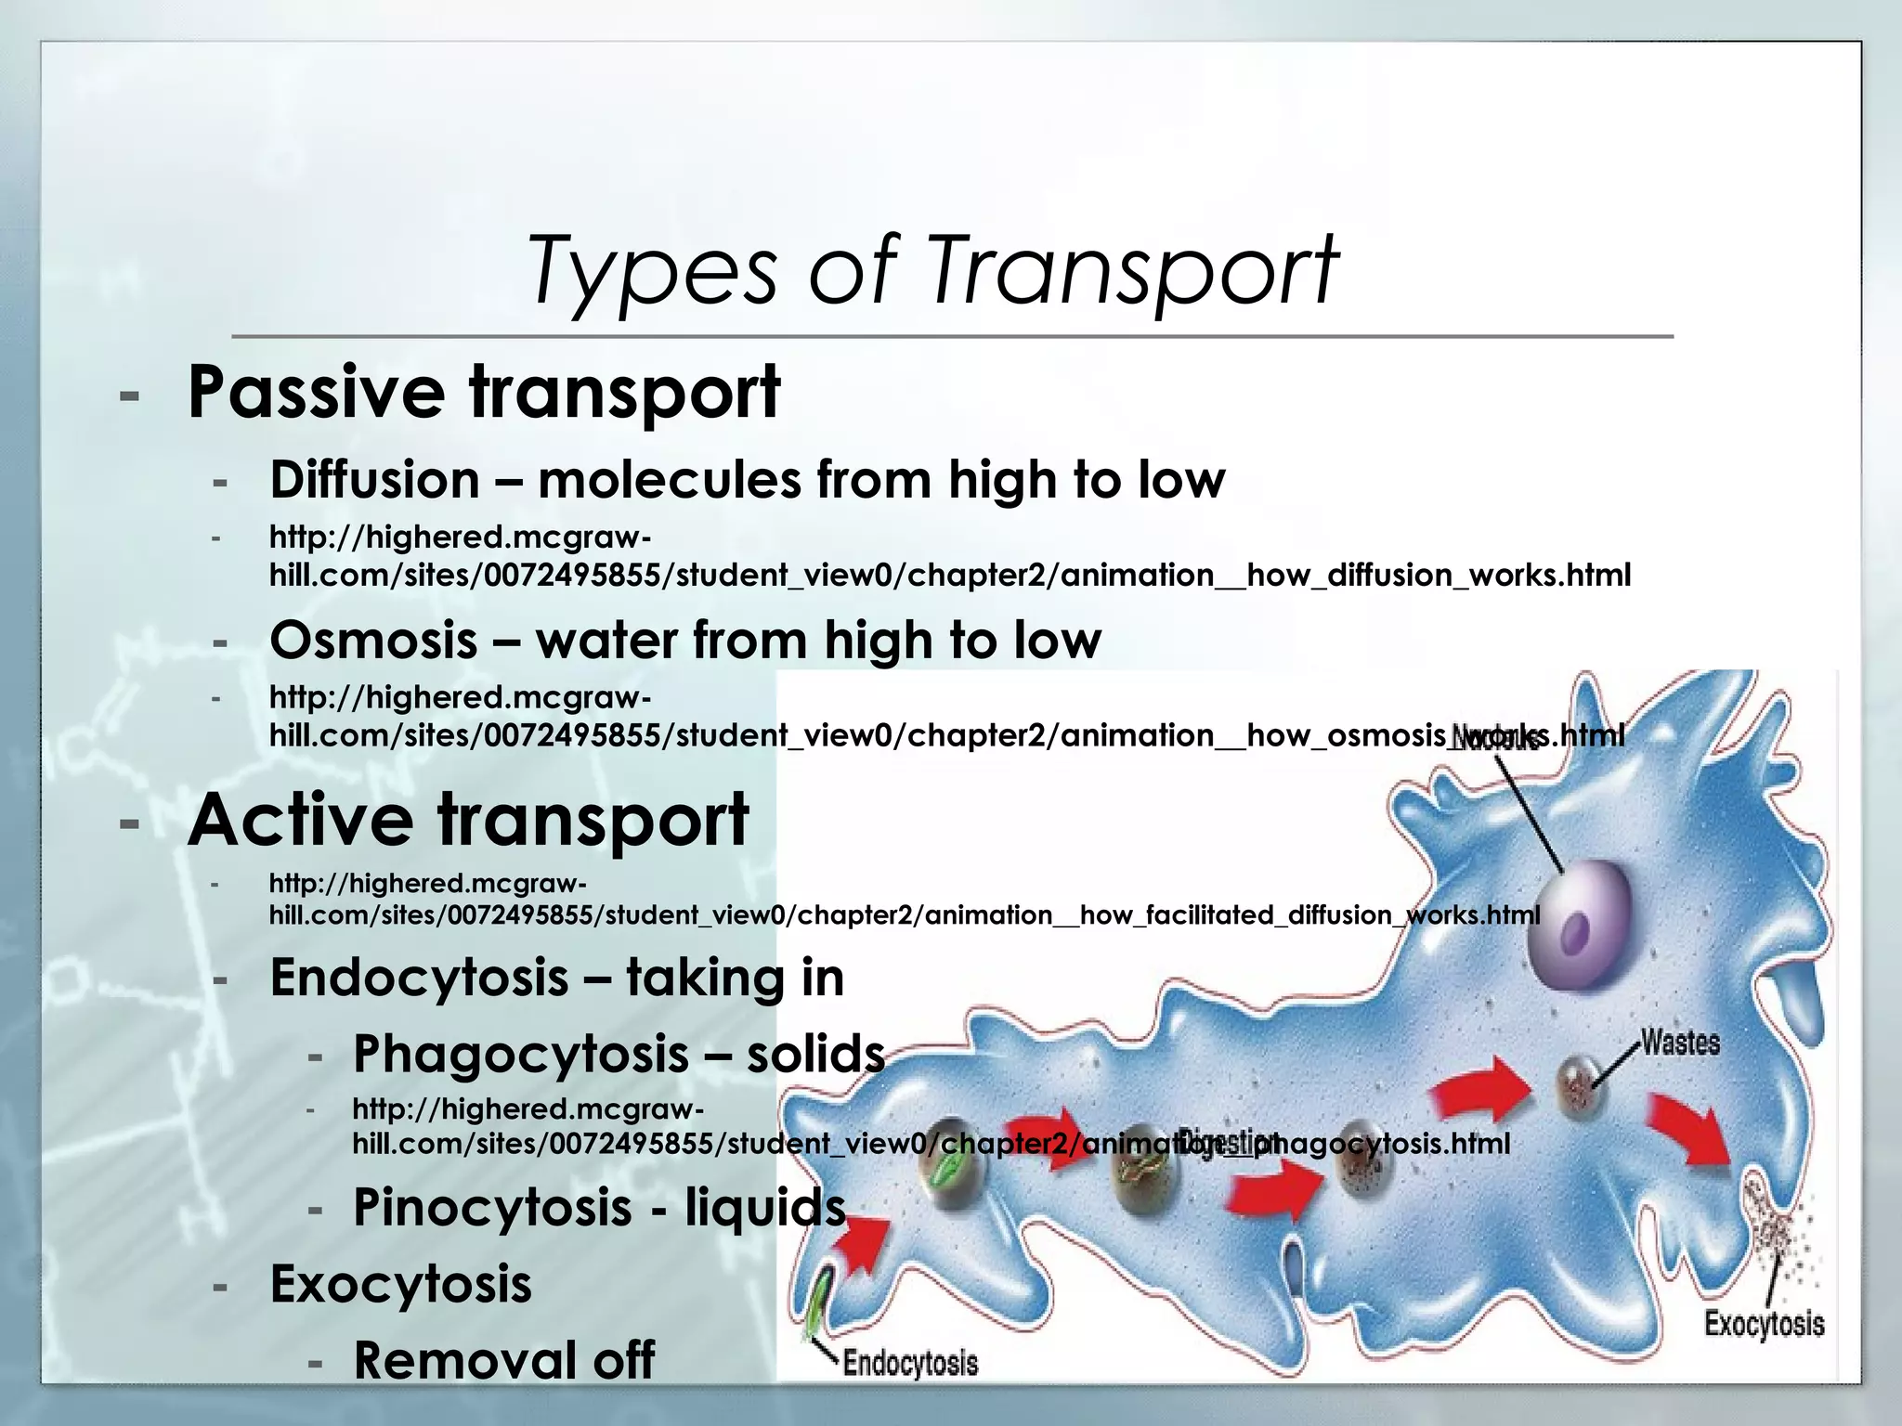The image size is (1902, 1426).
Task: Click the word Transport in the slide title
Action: point(1133,270)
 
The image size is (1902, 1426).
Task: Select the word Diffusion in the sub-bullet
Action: point(374,480)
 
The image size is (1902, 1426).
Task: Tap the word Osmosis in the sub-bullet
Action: point(373,641)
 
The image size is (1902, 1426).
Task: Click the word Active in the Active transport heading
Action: point(300,821)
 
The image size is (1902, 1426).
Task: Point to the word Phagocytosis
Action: point(520,1055)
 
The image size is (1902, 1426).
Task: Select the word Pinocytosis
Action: point(492,1207)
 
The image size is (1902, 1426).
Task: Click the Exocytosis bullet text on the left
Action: point(400,1284)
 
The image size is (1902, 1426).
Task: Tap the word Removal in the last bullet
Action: point(465,1360)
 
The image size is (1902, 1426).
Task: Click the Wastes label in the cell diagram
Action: point(1680,1043)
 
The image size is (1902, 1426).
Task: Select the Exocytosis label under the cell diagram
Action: point(1764,1324)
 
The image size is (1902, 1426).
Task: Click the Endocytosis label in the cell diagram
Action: point(910,1363)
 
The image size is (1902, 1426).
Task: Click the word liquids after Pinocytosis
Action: point(765,1207)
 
